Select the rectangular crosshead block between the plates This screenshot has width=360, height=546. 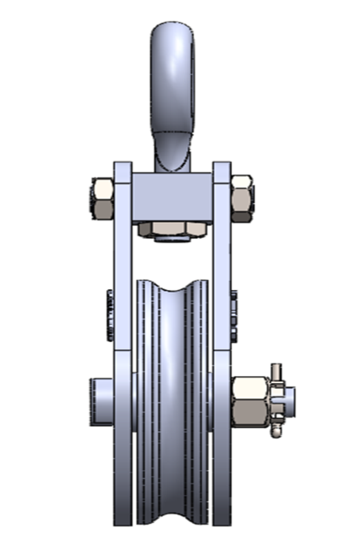(174, 197)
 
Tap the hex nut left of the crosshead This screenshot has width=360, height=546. (102, 200)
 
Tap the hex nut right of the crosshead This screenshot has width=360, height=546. (242, 197)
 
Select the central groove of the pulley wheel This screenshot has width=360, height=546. (172, 392)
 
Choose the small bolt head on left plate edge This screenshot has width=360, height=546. (110, 317)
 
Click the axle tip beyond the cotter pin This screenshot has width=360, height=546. (290, 399)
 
